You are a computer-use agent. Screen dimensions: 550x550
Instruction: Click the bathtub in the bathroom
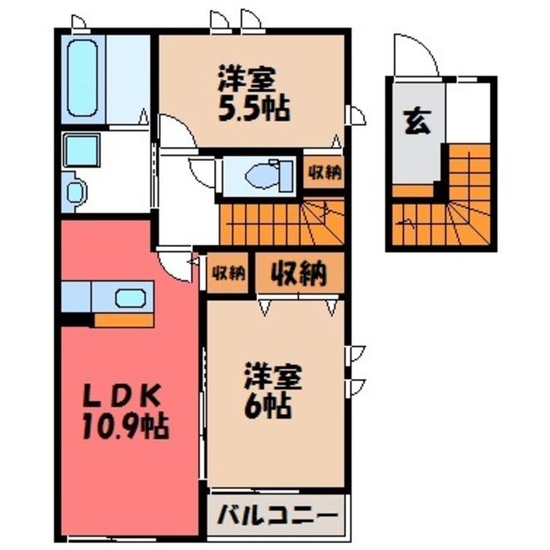[82, 78]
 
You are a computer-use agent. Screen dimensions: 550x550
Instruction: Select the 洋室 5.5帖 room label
[254, 93]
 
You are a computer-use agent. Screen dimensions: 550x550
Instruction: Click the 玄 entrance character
[417, 122]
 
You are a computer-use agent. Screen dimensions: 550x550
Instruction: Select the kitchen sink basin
[131, 298]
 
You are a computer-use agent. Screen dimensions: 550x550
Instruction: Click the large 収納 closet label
[299, 273]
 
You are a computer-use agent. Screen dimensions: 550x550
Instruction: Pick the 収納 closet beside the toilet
[325, 172]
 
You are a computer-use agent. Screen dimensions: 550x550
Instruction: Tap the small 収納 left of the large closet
[228, 273]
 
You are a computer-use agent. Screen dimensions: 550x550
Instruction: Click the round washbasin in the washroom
[76, 192]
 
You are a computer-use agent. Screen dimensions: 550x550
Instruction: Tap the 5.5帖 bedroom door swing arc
[182, 125]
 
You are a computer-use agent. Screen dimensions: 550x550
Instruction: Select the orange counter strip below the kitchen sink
[124, 320]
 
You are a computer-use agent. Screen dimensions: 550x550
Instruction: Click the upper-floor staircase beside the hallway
[282, 222]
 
